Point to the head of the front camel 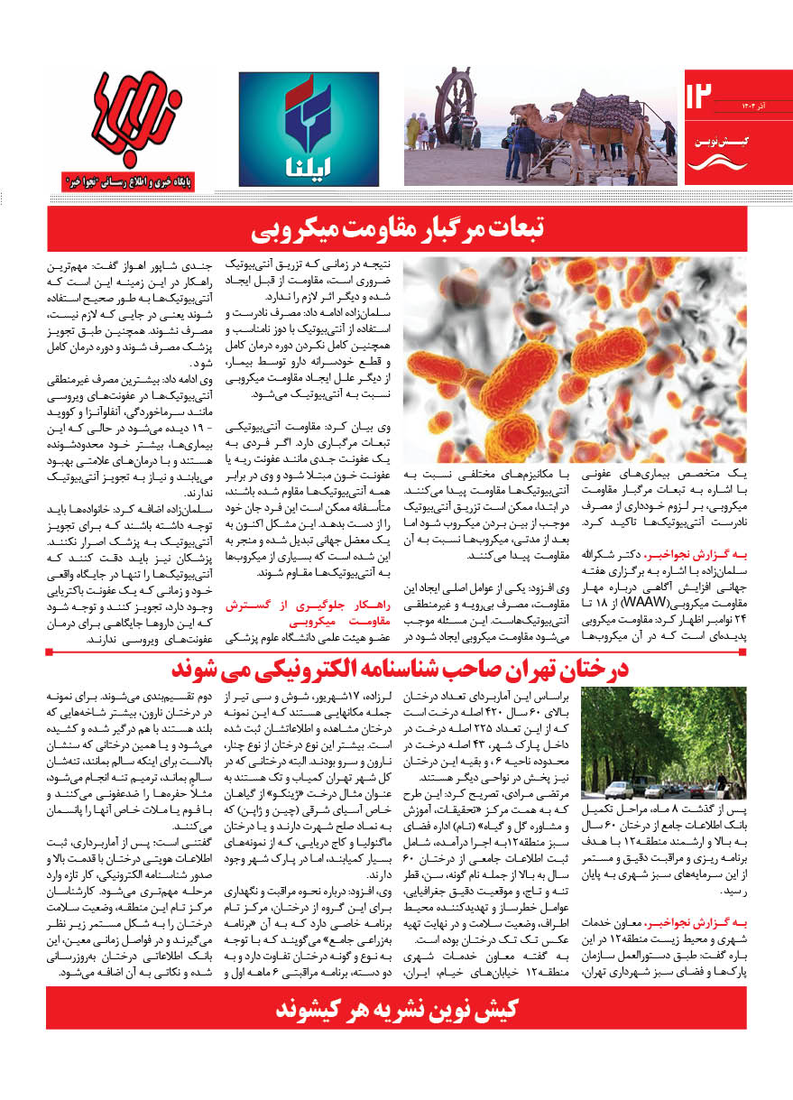coord(517,113)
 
